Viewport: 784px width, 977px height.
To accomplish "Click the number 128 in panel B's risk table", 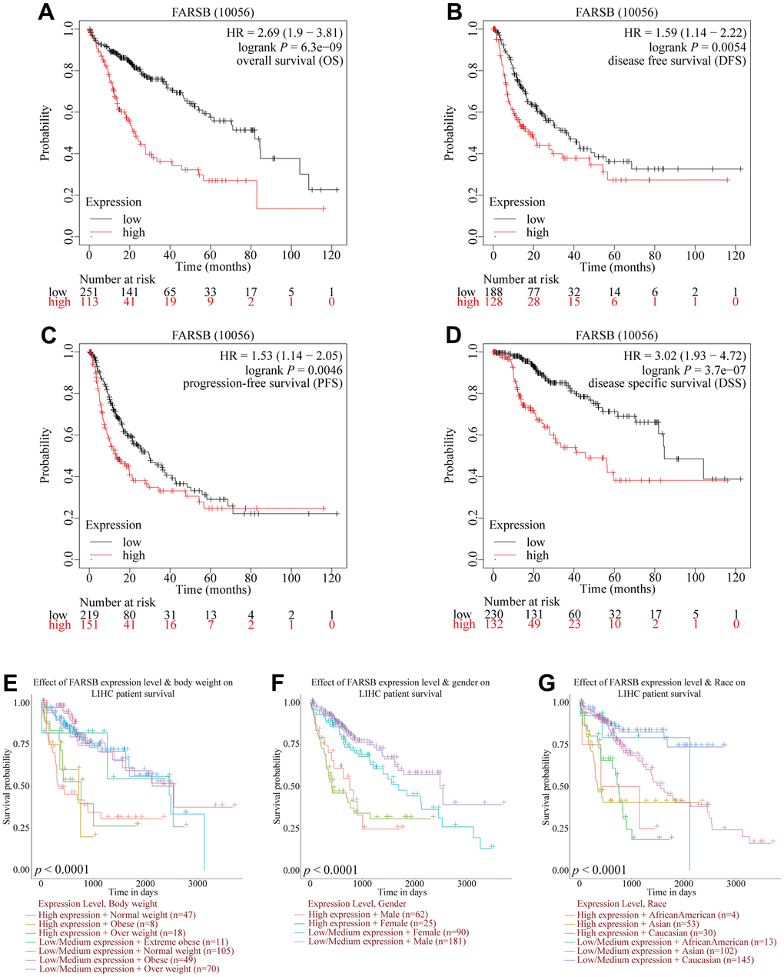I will [493, 302].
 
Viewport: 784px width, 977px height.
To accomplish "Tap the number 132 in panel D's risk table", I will [493, 625].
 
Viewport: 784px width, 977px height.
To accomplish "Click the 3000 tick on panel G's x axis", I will [737, 883].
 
